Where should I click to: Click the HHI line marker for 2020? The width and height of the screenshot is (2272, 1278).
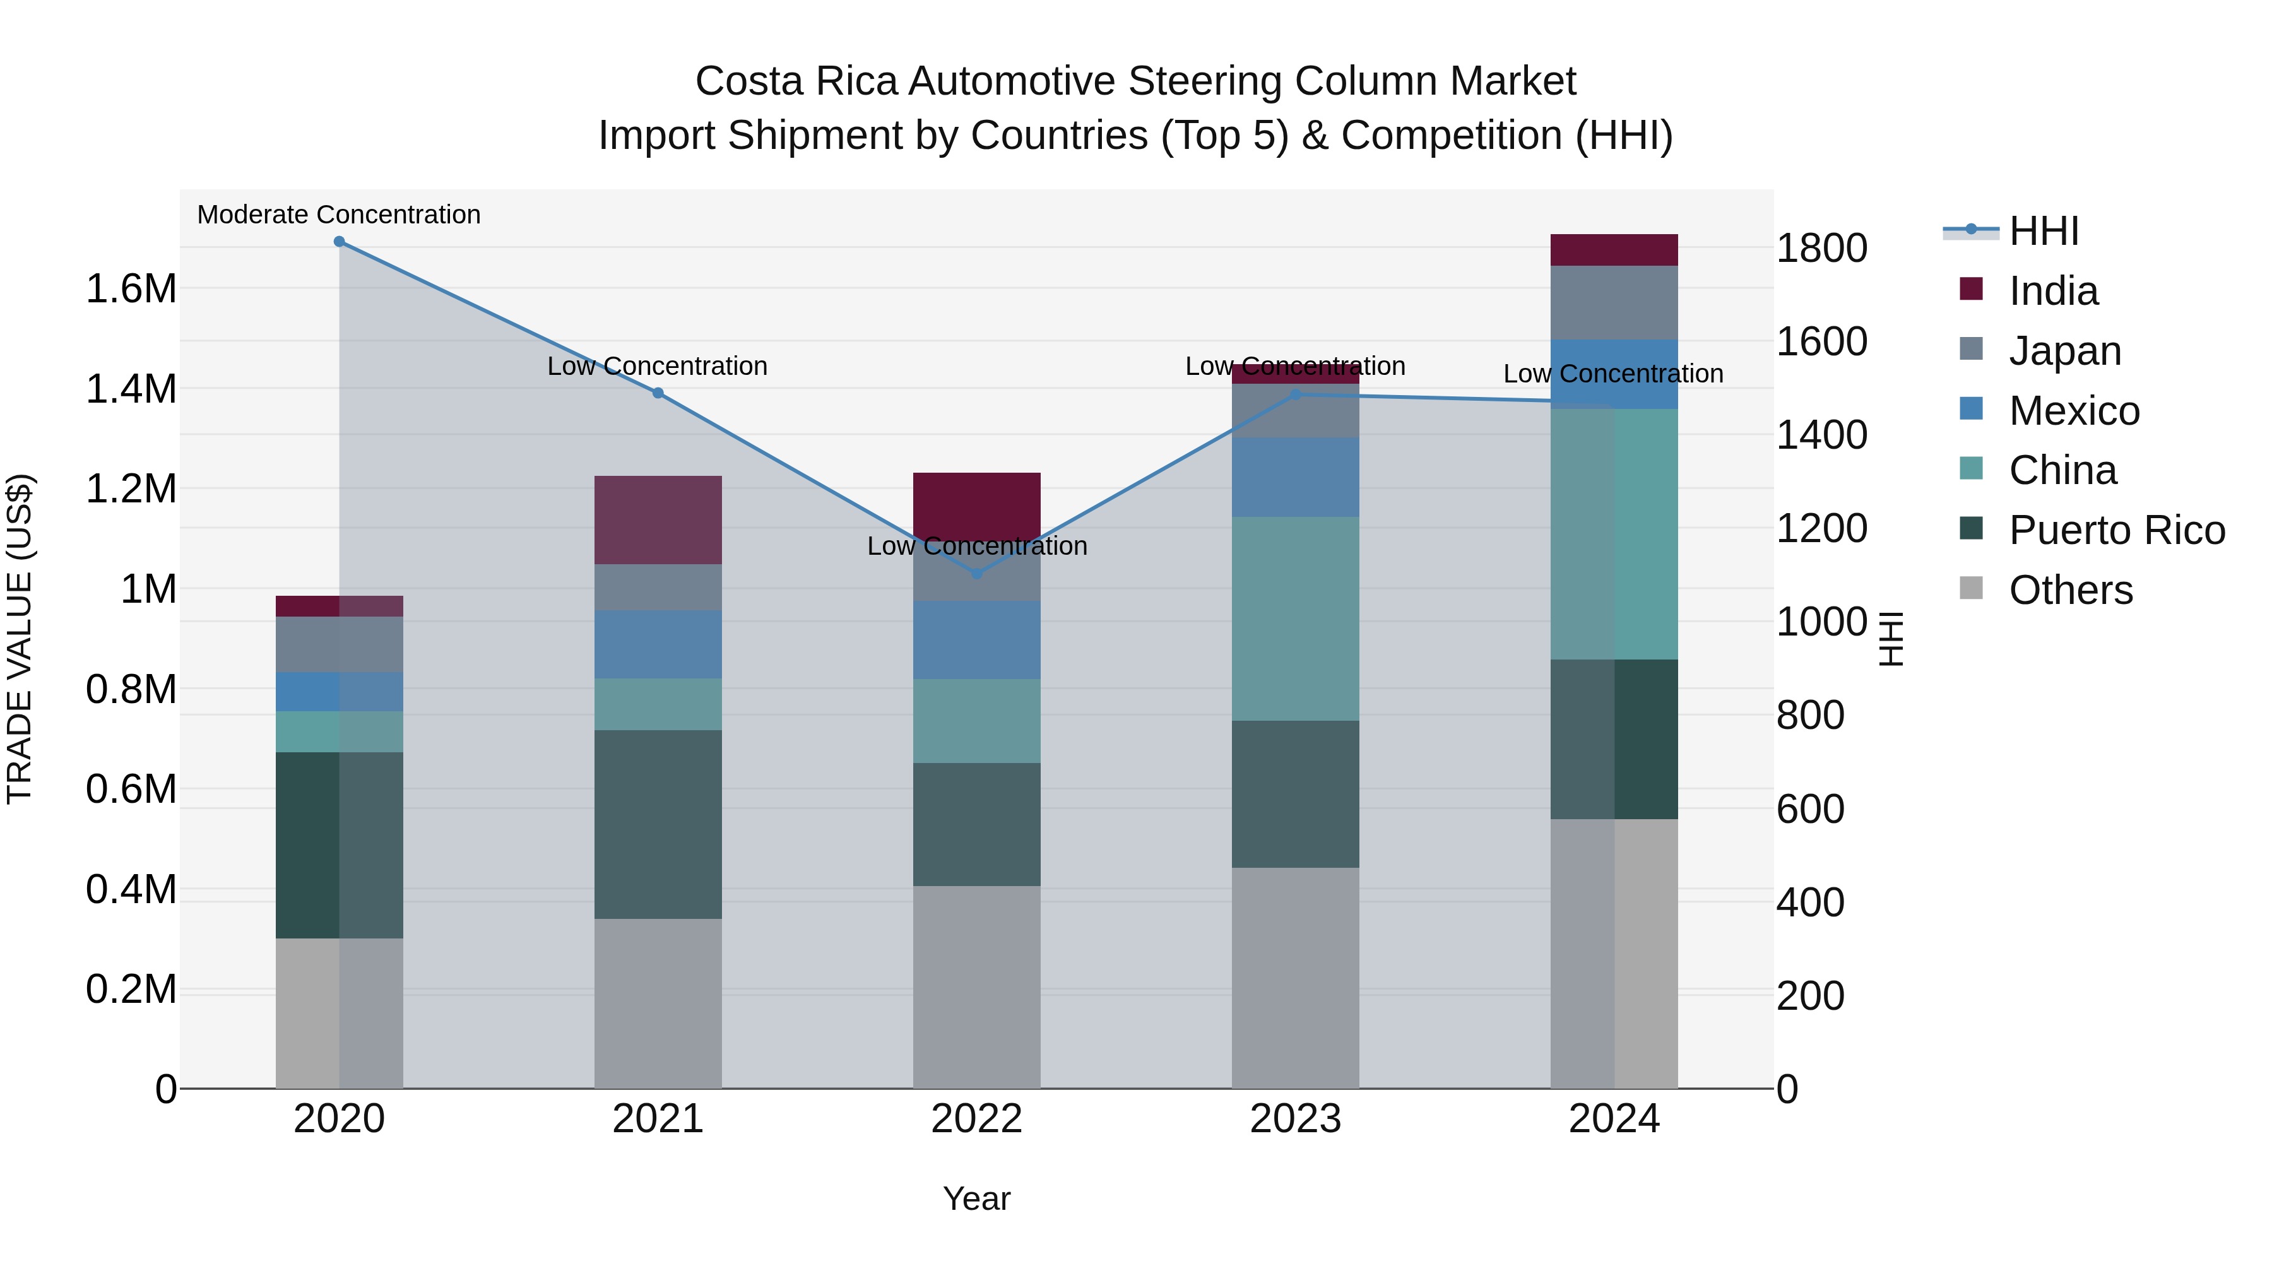pyautogui.click(x=340, y=242)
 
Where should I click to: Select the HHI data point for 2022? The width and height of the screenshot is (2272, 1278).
pyautogui.click(x=976, y=574)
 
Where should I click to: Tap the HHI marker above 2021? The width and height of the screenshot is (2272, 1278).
pyautogui.click(x=658, y=393)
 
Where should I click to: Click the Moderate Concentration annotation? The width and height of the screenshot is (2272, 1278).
pyautogui.click(x=339, y=215)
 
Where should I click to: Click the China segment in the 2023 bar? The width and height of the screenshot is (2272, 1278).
pyautogui.click(x=1295, y=618)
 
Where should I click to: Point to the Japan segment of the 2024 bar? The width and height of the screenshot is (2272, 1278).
pyautogui.click(x=1614, y=302)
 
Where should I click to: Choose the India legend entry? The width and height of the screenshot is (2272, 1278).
pyautogui.click(x=2053, y=291)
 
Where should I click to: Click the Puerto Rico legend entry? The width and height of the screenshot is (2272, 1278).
pyautogui.click(x=2117, y=530)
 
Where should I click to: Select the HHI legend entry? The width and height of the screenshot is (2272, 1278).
pyautogui.click(x=2044, y=231)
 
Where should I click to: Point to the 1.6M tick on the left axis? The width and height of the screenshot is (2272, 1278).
pyautogui.click(x=131, y=289)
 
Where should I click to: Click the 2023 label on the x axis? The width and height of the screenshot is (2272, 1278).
pyautogui.click(x=1295, y=1119)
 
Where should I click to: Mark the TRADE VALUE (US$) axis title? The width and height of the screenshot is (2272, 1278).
pyautogui.click(x=20, y=639)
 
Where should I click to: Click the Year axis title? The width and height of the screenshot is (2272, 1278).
pyautogui.click(x=976, y=1198)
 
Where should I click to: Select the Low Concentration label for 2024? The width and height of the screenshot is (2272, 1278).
pyautogui.click(x=1612, y=374)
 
